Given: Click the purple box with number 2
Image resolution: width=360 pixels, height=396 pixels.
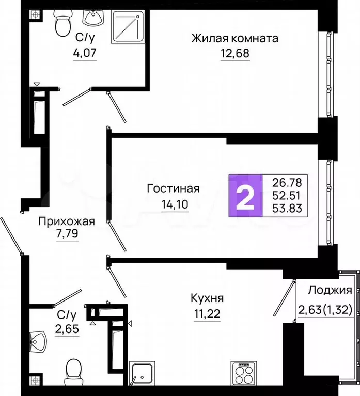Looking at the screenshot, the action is pos(245,196).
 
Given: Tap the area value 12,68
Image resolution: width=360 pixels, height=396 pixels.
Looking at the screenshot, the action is pos(235,53).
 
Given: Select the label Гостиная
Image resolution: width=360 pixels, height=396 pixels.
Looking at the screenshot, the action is pos(174,188).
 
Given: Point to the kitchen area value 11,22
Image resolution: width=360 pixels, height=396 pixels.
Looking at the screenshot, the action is pos(207,314).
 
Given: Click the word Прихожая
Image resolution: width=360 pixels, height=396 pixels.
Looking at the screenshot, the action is pos(67,221).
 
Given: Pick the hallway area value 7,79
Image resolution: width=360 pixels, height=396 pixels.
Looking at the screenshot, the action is pos(67,233).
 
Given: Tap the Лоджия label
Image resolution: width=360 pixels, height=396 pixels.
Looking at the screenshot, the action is pos(330,290).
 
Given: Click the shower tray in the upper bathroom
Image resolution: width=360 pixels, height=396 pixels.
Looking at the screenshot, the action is pos(128,27).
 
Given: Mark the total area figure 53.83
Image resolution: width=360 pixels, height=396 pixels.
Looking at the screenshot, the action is pos(287,209).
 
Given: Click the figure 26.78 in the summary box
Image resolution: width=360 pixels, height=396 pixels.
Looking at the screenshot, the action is pos(287,182).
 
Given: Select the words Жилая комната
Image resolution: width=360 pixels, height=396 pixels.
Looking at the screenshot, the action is pos(235,39).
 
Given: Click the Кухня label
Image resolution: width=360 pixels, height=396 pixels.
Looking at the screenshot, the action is pos(207,298).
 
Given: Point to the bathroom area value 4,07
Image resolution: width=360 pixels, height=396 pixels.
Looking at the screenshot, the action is pos(85,53).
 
